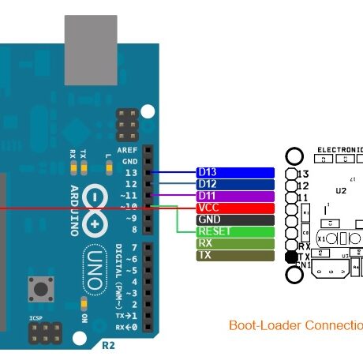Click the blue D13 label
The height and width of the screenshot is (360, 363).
[234, 172]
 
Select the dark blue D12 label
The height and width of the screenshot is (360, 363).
[234, 184]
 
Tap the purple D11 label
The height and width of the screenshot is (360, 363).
[234, 196]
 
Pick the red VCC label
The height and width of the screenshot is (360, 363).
[234, 208]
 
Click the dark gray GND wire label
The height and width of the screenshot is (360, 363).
[234, 219]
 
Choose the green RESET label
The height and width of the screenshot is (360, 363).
[234, 232]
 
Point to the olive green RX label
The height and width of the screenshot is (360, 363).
[234, 244]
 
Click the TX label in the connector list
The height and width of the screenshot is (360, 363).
[234, 256]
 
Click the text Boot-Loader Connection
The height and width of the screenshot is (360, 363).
[295, 325]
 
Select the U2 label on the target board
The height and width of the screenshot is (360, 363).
[341, 190]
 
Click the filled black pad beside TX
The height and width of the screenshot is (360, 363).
[291, 257]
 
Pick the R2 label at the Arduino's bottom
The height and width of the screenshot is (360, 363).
[107, 346]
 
